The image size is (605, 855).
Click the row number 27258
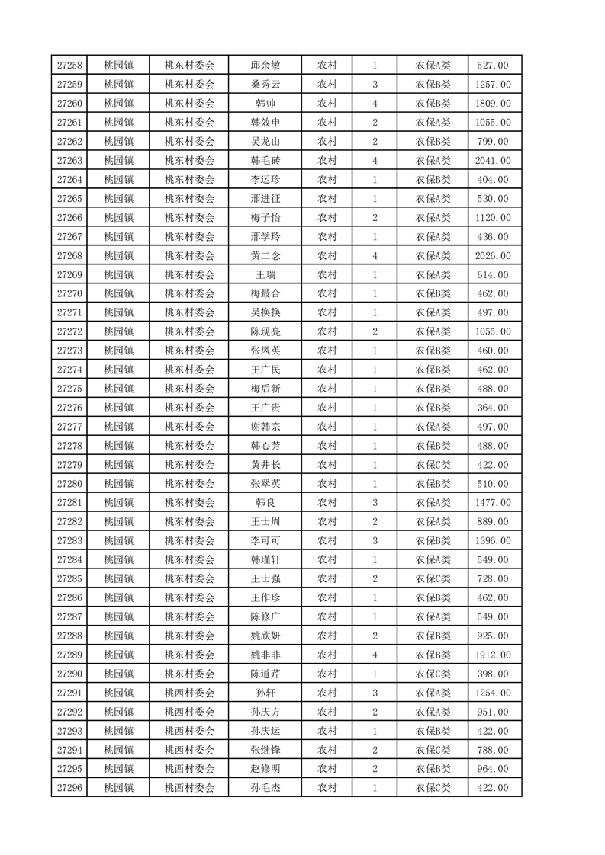point(69,66)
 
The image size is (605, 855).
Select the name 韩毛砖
point(265,161)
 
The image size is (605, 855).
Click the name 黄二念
point(265,256)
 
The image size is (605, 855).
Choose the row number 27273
point(69,351)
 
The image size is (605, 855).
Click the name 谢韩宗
point(265,427)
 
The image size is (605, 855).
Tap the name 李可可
point(265,541)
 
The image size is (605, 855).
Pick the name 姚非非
point(265,655)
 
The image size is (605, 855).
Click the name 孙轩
point(265,693)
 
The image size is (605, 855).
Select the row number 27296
point(69,788)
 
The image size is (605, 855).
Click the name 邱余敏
point(265,66)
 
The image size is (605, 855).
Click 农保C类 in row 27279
point(433,465)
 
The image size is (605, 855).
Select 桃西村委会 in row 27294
point(189,750)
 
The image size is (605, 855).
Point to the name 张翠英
point(265,484)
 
